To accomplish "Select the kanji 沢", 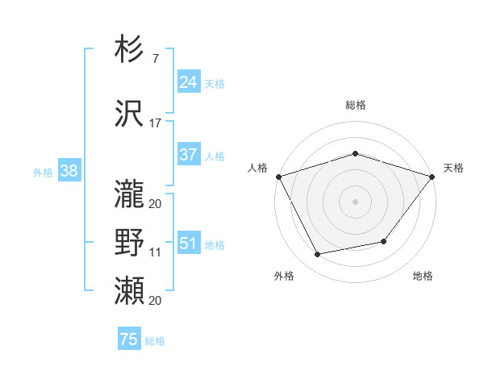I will [x=129, y=113].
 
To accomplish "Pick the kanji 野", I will [x=129, y=242].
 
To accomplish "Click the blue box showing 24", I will [x=188, y=82].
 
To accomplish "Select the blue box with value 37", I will [x=188, y=155].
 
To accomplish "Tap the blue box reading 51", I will [x=188, y=244].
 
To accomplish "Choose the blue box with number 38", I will [x=69, y=171].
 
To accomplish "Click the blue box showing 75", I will [x=128, y=339].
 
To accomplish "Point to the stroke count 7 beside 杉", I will [x=155, y=60].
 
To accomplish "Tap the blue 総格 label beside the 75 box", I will [x=155, y=341].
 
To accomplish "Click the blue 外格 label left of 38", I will [x=42, y=172].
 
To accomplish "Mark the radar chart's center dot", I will [x=355, y=201].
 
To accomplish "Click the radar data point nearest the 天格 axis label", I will [x=432, y=176].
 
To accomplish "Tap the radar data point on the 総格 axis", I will [x=355, y=153].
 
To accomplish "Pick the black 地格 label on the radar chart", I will [x=423, y=276].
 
